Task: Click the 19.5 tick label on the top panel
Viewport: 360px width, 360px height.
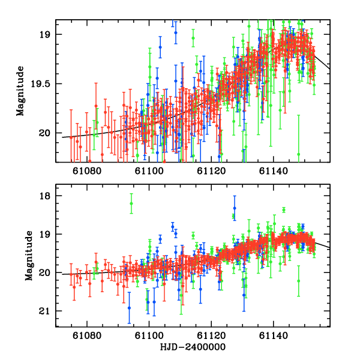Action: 43,84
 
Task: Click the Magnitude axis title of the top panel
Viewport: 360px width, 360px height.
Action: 20,91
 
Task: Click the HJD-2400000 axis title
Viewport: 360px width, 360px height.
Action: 192,347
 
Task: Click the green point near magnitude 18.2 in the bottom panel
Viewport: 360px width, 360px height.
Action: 131,203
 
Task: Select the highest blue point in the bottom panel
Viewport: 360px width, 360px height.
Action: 235,208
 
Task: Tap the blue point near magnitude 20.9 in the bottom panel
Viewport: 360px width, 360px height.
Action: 129,308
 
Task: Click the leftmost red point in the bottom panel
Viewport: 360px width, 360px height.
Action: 71,275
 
